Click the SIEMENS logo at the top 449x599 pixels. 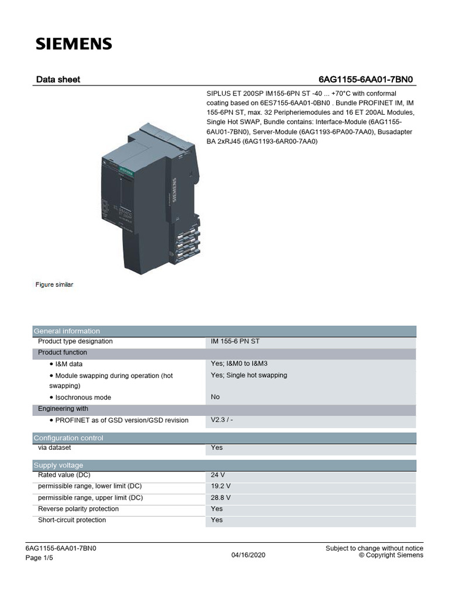(x=74, y=44)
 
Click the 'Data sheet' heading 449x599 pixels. (x=58, y=79)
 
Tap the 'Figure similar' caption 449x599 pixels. (x=54, y=285)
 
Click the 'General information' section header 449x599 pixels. (x=67, y=331)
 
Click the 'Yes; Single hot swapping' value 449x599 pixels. (x=248, y=375)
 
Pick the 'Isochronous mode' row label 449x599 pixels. (x=82, y=397)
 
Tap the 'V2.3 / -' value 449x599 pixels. (x=222, y=420)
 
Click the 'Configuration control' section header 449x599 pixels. (x=68, y=438)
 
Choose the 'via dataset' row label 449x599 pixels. (x=54, y=447)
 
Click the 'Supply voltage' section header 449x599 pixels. (x=58, y=465)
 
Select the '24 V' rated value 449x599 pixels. (x=218, y=475)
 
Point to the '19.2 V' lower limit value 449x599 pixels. (x=220, y=486)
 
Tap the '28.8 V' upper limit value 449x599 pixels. (x=220, y=498)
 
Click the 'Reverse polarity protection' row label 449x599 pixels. (x=78, y=509)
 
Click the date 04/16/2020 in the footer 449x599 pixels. (x=248, y=555)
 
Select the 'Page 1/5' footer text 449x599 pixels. (x=39, y=558)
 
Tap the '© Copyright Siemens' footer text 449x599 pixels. (x=391, y=555)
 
